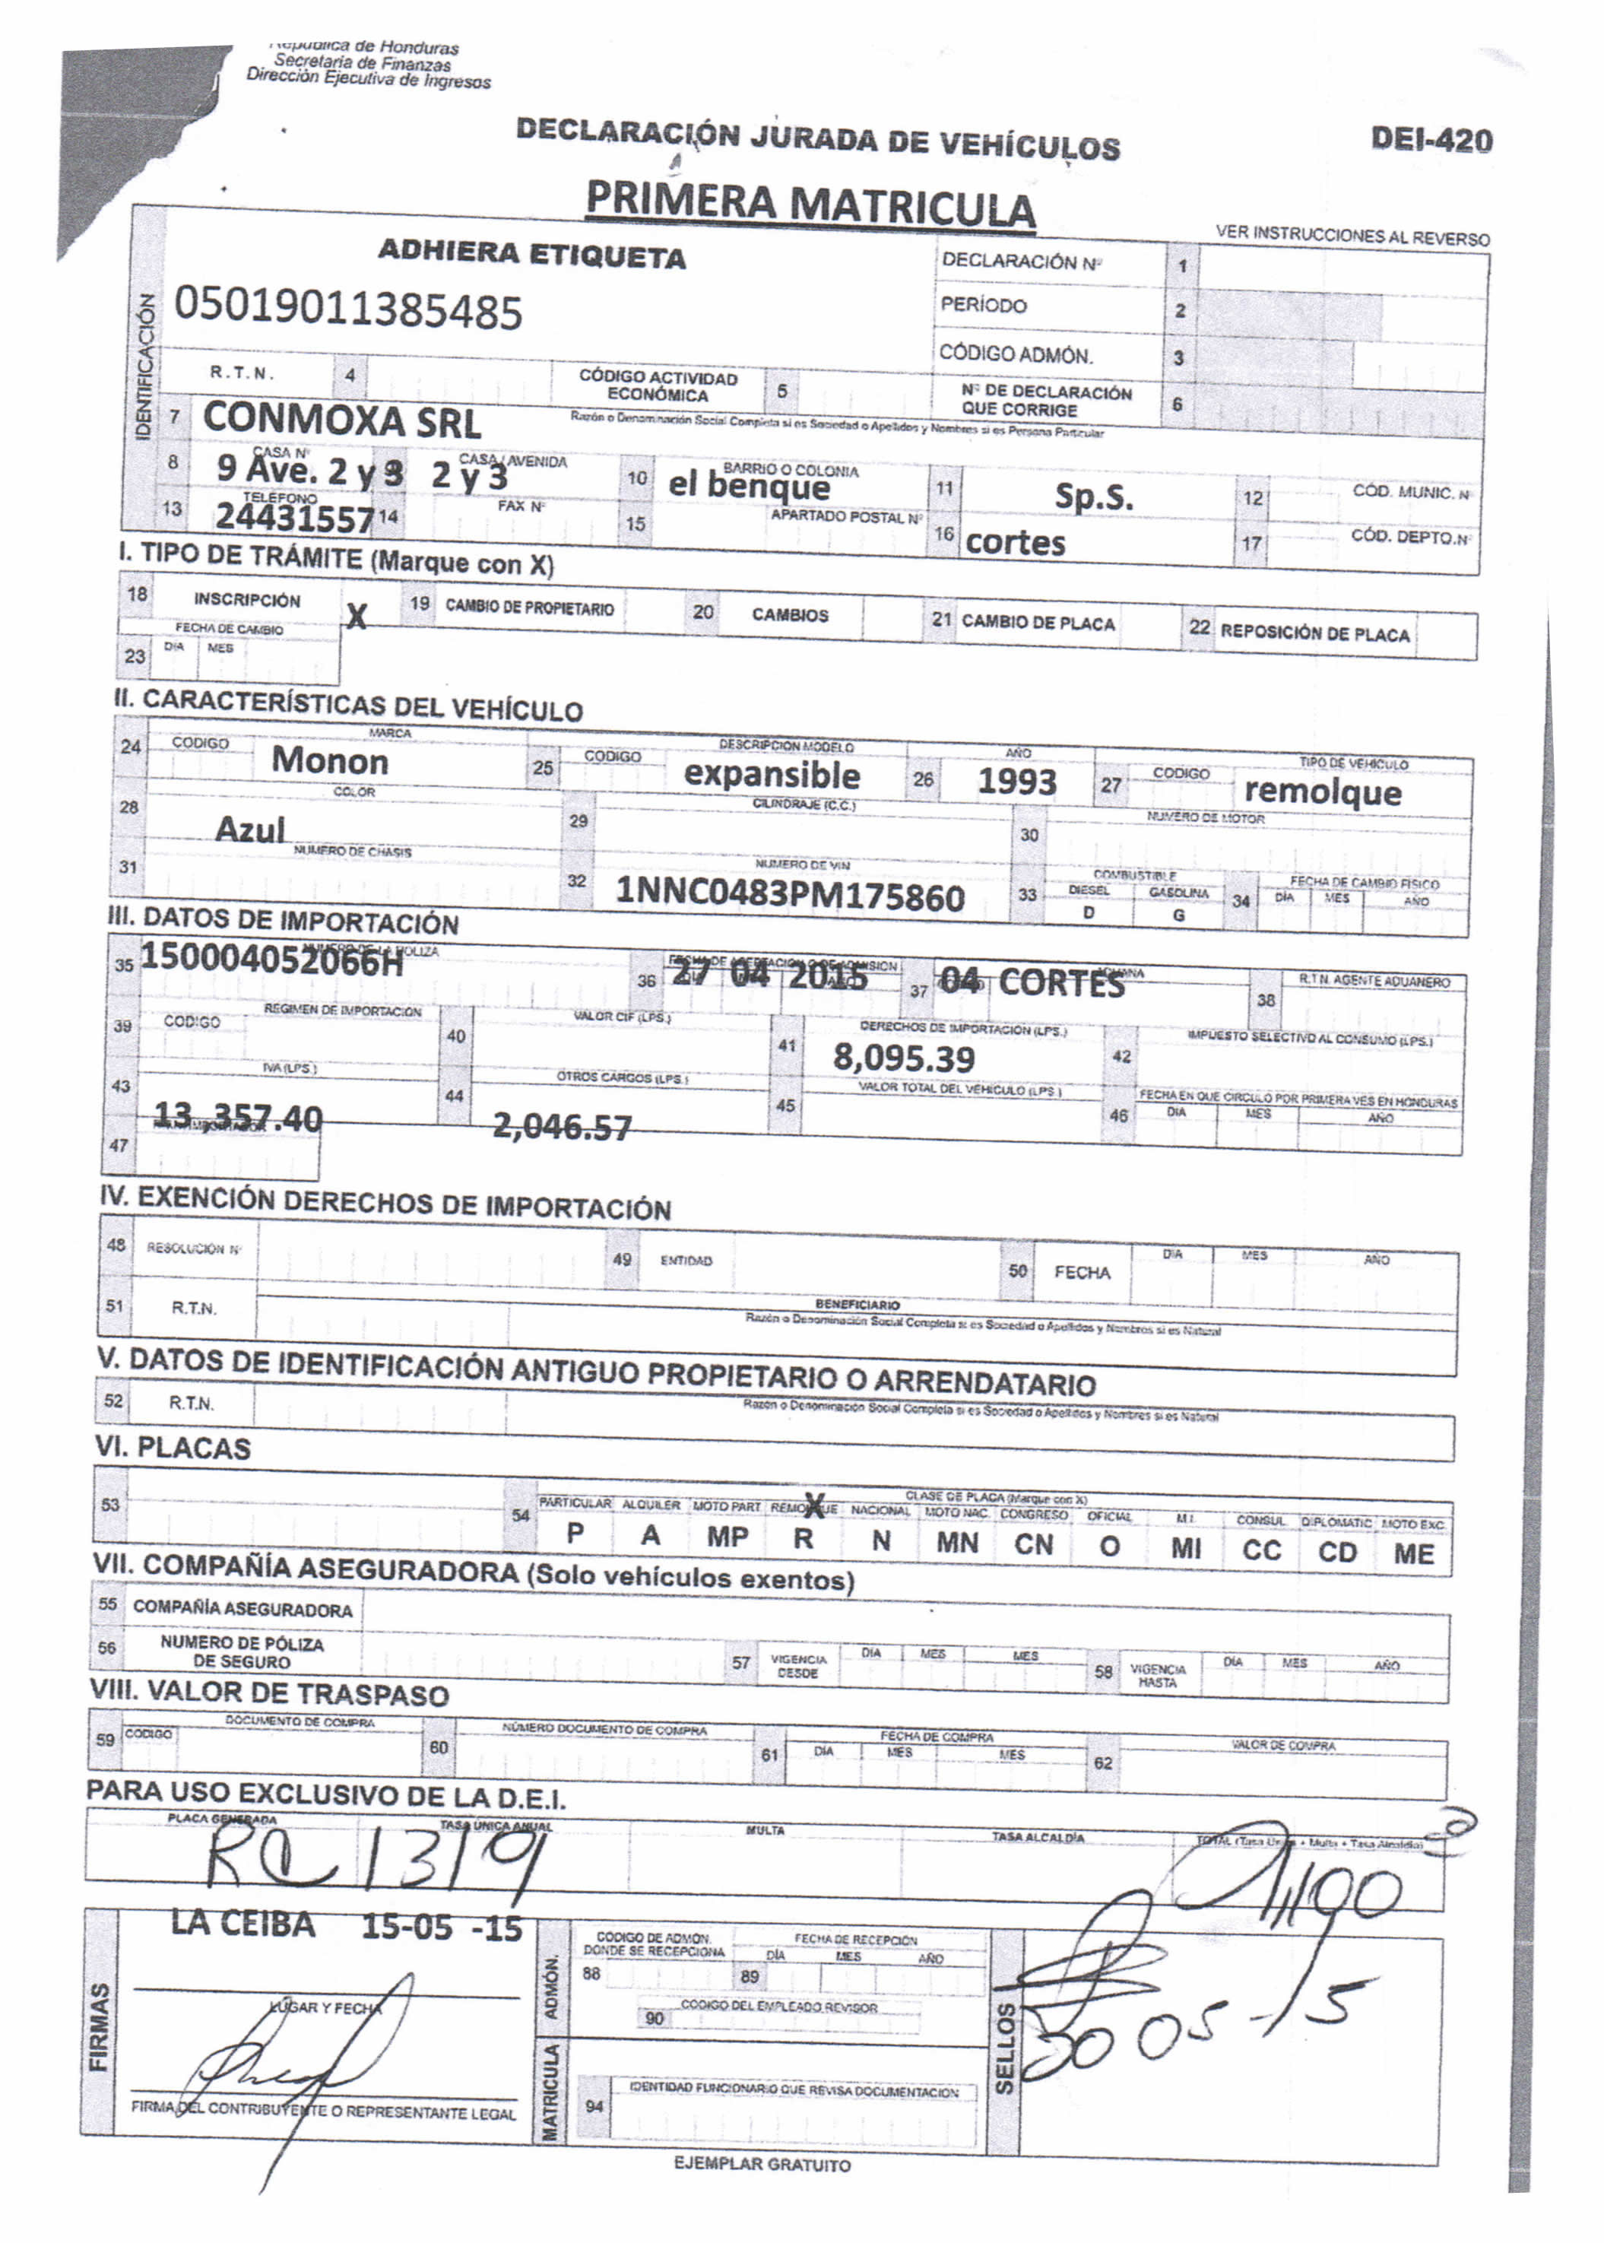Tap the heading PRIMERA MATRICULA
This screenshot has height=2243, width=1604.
[810, 205]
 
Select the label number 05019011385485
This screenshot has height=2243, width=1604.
[347, 310]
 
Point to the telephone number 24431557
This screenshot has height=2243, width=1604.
[294, 516]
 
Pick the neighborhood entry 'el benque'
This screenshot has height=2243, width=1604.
[749, 485]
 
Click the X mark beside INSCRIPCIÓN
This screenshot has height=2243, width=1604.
[356, 617]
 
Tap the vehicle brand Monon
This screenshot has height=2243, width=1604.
[330, 760]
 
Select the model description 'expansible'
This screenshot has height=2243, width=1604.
[772, 774]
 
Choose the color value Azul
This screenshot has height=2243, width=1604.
[250, 830]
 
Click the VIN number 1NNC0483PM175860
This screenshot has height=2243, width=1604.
[789, 895]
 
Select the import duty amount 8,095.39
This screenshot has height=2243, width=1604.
[903, 1058]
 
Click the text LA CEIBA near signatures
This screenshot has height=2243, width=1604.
[243, 1924]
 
